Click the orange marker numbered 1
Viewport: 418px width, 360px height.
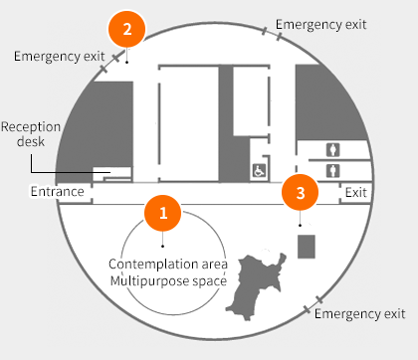(162, 213)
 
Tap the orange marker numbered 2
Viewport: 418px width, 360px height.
(126, 29)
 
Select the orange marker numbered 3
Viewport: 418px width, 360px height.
(300, 193)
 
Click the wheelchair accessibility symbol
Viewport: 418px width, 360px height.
(259, 171)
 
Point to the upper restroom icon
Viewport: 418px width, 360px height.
(332, 150)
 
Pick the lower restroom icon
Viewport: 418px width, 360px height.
(332, 171)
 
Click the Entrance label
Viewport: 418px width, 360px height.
(57, 192)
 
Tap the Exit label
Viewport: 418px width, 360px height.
(356, 192)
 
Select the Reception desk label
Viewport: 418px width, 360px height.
(31, 134)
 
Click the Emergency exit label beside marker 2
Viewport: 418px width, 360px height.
(60, 57)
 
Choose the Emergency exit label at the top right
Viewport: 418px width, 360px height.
(321, 25)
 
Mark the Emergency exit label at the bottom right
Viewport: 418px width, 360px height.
(360, 313)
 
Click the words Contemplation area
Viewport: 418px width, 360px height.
(168, 265)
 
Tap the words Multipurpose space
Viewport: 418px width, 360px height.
(168, 281)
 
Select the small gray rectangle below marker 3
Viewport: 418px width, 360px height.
(307, 247)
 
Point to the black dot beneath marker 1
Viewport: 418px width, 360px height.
(162, 246)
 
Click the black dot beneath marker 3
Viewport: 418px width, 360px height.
(300, 226)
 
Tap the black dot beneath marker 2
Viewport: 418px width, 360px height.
(126, 62)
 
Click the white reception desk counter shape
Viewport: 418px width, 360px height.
(112, 174)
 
